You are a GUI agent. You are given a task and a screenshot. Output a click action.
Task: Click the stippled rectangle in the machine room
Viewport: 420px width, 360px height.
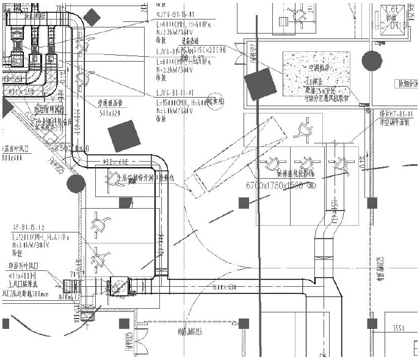[316, 76]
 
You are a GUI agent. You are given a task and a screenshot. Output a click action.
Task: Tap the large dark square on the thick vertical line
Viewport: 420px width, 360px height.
[261, 84]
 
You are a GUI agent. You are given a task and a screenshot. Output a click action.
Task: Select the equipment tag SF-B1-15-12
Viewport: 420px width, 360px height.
[30, 227]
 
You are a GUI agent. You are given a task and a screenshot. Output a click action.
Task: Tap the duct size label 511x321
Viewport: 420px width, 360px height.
[110, 113]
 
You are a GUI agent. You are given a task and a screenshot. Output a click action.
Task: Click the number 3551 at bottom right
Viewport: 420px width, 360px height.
[399, 327]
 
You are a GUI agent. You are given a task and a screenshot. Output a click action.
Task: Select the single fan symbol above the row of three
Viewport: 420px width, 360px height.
[303, 129]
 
